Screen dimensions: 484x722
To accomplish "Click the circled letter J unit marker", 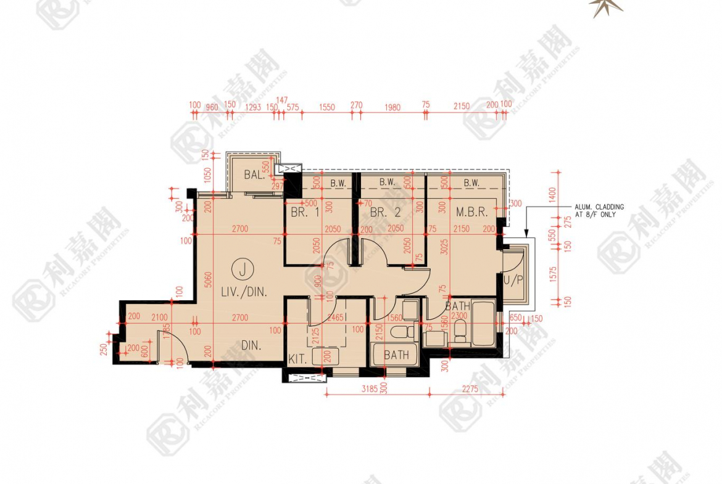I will pyautogui.click(x=244, y=269).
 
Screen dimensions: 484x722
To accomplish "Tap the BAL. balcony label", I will pyautogui.click(x=254, y=175).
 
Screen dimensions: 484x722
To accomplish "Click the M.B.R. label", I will pyautogui.click(x=472, y=212).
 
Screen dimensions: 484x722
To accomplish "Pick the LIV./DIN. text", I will pyautogui.click(x=244, y=292).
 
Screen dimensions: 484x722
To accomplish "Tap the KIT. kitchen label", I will pyautogui.click(x=299, y=358).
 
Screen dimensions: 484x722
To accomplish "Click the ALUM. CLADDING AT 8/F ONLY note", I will pyautogui.click(x=599, y=211).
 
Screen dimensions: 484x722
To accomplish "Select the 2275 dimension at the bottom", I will pyautogui.click(x=470, y=389).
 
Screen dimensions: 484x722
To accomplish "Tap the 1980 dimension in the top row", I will pyautogui.click(x=392, y=107).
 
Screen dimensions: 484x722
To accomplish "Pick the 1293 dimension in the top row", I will pyautogui.click(x=253, y=107).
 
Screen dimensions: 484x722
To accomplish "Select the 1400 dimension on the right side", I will pyautogui.click(x=554, y=194).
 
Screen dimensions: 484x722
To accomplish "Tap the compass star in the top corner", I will pyautogui.click(x=605, y=7).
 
